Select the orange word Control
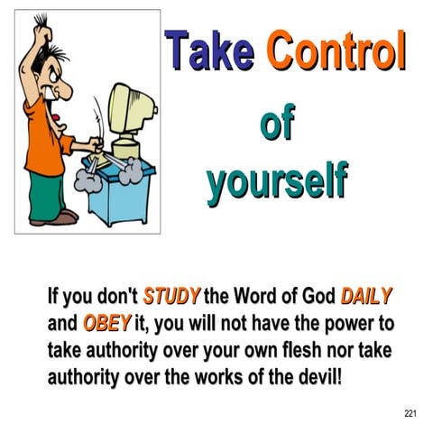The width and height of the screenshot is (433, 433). pos(335,52)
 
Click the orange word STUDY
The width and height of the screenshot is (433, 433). pos(172,297)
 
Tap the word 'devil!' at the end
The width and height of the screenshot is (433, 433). pos(315,374)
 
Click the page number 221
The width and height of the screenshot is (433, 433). pos(410,413)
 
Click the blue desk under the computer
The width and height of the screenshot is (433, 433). pos(114,194)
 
